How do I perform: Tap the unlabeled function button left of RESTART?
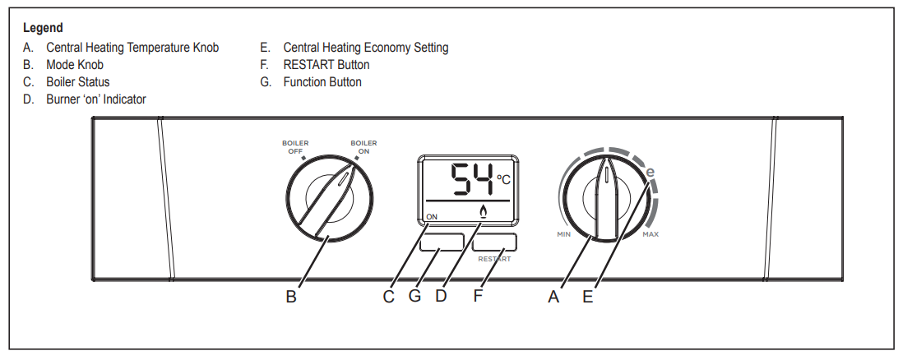click(x=440, y=242)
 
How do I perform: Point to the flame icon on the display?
click(x=483, y=213)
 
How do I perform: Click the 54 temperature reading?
click(x=472, y=178)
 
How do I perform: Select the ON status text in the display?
click(x=433, y=218)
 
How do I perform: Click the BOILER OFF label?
click(x=295, y=147)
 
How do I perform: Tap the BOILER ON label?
click(x=363, y=147)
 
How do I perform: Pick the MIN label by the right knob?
click(x=563, y=234)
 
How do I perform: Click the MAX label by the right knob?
click(x=650, y=234)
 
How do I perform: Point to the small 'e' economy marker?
click(x=650, y=173)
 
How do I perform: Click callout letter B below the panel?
click(x=291, y=298)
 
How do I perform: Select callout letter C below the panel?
click(x=389, y=298)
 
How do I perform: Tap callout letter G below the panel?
click(x=414, y=297)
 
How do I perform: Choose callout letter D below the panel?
click(x=441, y=297)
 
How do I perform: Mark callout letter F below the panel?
click(x=478, y=297)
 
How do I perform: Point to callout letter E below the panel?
click(x=587, y=298)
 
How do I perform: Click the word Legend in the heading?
click(x=43, y=28)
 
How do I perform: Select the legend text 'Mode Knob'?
click(x=75, y=65)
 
